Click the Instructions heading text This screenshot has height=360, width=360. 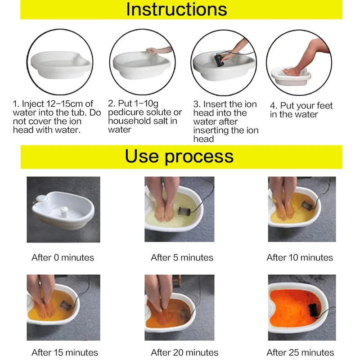(x=176, y=9)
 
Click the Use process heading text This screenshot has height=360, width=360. (x=179, y=156)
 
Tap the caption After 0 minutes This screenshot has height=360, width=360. (x=63, y=258)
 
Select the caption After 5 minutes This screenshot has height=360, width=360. (x=182, y=258)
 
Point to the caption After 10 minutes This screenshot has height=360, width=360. (x=300, y=258)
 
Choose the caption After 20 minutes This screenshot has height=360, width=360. (x=184, y=352)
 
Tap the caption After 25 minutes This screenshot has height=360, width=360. (x=300, y=352)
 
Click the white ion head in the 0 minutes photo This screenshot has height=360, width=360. (x=64, y=211)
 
